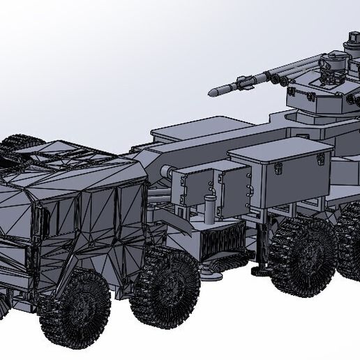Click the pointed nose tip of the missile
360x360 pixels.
211,91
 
